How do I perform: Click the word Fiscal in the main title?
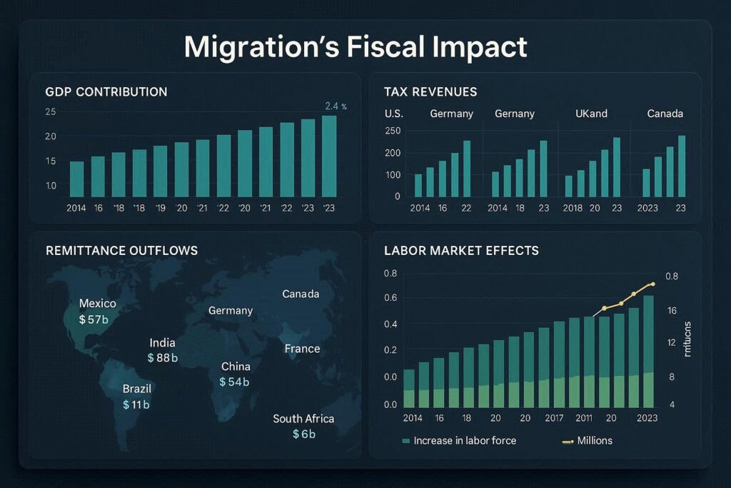(375, 46)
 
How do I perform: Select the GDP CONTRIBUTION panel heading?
(106, 92)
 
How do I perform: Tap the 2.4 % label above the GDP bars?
(336, 106)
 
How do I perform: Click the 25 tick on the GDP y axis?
(50, 112)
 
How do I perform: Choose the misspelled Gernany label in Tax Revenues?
(515, 114)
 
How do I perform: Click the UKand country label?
(592, 114)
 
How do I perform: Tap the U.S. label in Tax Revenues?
(393, 114)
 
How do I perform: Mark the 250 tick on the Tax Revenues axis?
(392, 130)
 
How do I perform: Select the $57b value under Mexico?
(94, 319)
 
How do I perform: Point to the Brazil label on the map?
(137, 389)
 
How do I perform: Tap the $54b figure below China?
(235, 382)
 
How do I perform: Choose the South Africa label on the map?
(303, 419)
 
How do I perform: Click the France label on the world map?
(302, 349)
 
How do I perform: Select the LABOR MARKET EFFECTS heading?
(461, 251)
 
